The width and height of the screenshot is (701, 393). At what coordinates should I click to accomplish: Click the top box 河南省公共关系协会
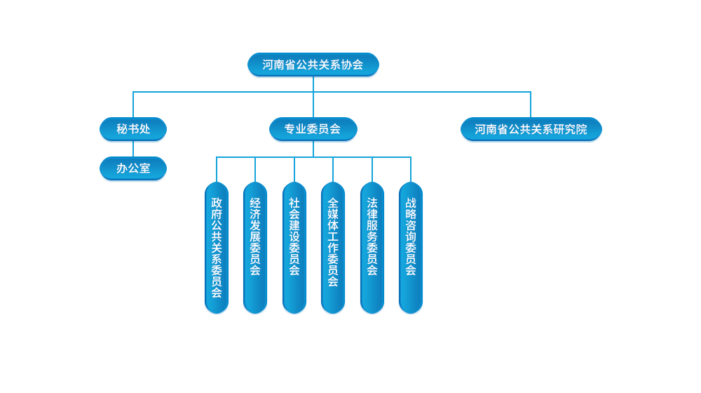(313, 65)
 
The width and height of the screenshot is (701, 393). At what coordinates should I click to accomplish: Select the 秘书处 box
(133, 129)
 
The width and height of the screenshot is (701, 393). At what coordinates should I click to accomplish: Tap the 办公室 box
(133, 168)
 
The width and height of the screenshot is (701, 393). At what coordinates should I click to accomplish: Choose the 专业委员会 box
(313, 129)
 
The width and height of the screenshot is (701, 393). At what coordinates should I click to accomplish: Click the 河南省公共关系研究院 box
(531, 129)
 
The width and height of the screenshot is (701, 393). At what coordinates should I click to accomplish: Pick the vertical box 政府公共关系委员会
(217, 248)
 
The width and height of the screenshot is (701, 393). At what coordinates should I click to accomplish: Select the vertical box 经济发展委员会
(255, 248)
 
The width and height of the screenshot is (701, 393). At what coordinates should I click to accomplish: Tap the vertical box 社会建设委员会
(294, 248)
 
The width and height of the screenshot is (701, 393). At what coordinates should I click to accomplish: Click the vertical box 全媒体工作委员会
(333, 248)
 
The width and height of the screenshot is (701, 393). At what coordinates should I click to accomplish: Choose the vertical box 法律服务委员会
(372, 248)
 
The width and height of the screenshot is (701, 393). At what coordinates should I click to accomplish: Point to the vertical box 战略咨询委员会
(411, 248)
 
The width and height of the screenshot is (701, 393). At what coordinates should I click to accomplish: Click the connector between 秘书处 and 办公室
(133, 149)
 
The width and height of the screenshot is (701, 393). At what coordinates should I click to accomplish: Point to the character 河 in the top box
(268, 65)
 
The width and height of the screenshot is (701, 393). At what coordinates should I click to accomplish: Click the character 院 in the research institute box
(582, 129)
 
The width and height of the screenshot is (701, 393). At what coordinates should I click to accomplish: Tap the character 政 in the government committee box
(217, 202)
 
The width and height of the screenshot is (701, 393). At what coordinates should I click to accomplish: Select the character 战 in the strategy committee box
(411, 202)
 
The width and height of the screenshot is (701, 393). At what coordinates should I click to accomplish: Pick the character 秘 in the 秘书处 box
(122, 129)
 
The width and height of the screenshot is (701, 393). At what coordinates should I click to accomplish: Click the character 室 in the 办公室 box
(144, 168)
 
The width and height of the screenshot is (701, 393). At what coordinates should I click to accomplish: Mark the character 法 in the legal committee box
(372, 202)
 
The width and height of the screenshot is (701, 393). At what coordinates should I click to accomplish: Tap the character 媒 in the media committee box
(333, 213)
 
